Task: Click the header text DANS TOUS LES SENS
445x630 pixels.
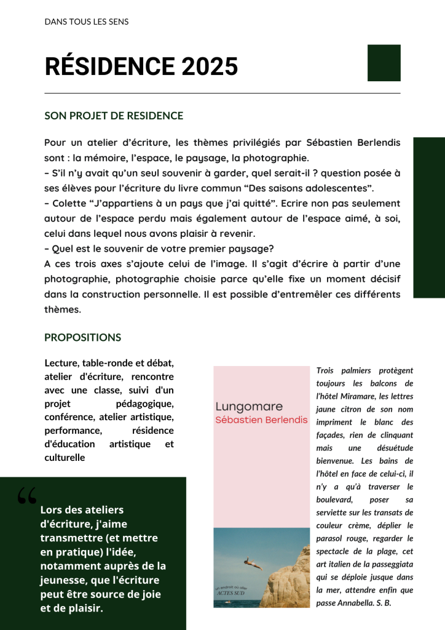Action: [x=87, y=22]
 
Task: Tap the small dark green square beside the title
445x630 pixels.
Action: [x=384, y=63]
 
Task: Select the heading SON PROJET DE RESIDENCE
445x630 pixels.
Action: [x=114, y=116]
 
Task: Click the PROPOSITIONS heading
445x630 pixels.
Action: [x=82, y=338]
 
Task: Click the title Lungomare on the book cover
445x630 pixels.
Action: [x=249, y=407]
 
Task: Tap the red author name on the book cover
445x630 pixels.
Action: [x=261, y=420]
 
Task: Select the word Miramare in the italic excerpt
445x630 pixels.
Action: [x=366, y=396]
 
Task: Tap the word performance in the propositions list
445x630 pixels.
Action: [x=73, y=430]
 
